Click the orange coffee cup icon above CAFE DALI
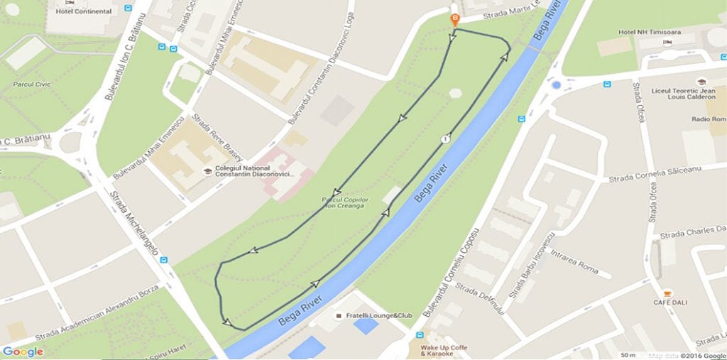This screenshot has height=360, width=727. pyautogui.click(x=667, y=293)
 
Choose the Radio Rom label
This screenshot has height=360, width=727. pyautogui.click(x=709, y=119)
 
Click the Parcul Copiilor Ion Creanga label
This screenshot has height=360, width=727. pyautogui.click(x=344, y=202)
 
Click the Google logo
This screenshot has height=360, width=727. pyautogui.click(x=23, y=351)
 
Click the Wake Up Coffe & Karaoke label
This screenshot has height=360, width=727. pyautogui.click(x=444, y=350)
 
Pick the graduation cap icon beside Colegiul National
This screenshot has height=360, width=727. pyautogui.click(x=207, y=170)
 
